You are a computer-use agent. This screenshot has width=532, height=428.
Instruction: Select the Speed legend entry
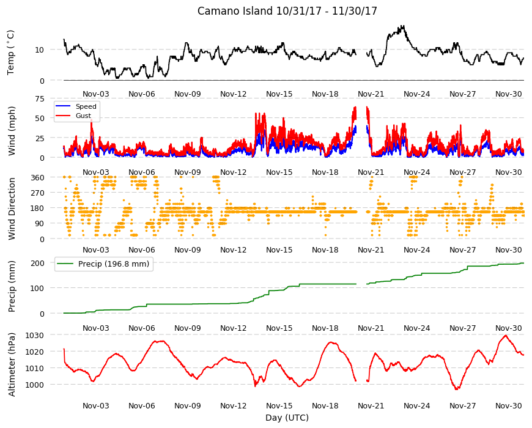[86, 106]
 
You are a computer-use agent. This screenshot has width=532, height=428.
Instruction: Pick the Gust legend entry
[83, 116]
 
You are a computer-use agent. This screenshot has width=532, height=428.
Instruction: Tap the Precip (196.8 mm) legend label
[114, 264]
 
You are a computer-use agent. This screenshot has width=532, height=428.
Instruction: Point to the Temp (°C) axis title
[11, 52]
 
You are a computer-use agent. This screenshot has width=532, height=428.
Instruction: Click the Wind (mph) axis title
[12, 131]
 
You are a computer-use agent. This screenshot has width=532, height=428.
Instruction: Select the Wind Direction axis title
[12, 209]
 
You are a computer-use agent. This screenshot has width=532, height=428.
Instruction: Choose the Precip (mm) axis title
[12, 286]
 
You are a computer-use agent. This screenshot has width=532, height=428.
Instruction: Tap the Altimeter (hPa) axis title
[12, 364]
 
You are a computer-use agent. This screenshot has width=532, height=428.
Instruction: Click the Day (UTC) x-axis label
[287, 418]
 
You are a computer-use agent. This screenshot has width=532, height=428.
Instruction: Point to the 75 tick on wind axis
[40, 98]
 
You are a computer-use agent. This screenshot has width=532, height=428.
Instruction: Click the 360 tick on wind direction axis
[37, 177]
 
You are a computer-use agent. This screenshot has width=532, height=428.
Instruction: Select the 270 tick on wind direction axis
[37, 193]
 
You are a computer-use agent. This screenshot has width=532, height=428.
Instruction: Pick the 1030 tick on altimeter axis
[35, 336]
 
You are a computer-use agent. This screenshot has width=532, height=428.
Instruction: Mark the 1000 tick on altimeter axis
[35, 385]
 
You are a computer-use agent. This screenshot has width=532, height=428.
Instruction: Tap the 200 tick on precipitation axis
[37, 263]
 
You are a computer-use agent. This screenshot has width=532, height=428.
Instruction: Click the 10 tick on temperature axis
[40, 50]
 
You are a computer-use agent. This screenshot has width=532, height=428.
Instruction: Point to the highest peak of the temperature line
[403, 26]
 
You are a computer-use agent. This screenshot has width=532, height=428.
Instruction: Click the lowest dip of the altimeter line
[457, 389]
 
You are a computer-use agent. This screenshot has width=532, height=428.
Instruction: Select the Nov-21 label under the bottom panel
[371, 405]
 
